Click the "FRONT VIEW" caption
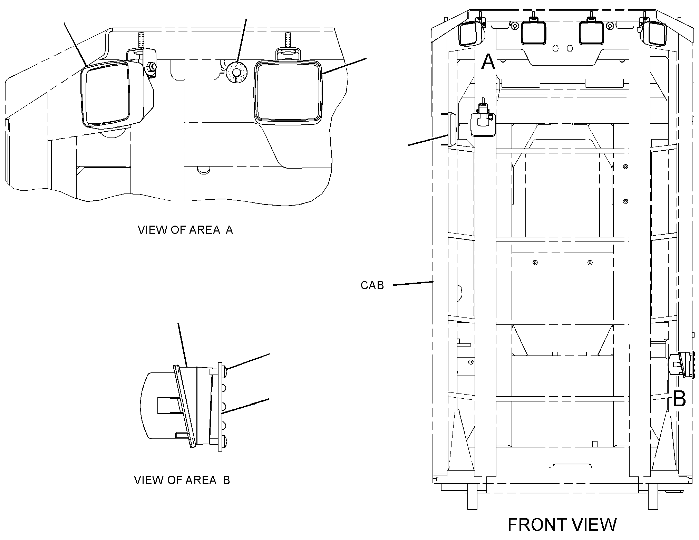562,525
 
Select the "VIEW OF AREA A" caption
185,230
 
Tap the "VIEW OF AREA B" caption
182,480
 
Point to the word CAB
372,285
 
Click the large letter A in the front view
488,62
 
